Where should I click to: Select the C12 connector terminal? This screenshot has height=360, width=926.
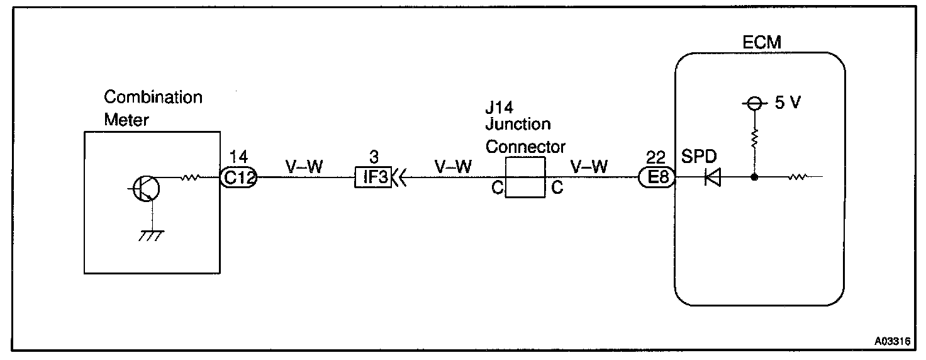point(239,178)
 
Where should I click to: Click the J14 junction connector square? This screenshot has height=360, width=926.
point(525,178)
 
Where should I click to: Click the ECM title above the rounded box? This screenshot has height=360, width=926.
point(760,43)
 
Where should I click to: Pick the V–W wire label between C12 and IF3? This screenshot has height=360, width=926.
point(304,167)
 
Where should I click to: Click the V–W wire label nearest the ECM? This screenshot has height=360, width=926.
point(589,167)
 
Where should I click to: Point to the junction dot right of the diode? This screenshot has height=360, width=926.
point(753,178)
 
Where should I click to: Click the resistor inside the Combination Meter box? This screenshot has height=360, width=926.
point(190,178)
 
